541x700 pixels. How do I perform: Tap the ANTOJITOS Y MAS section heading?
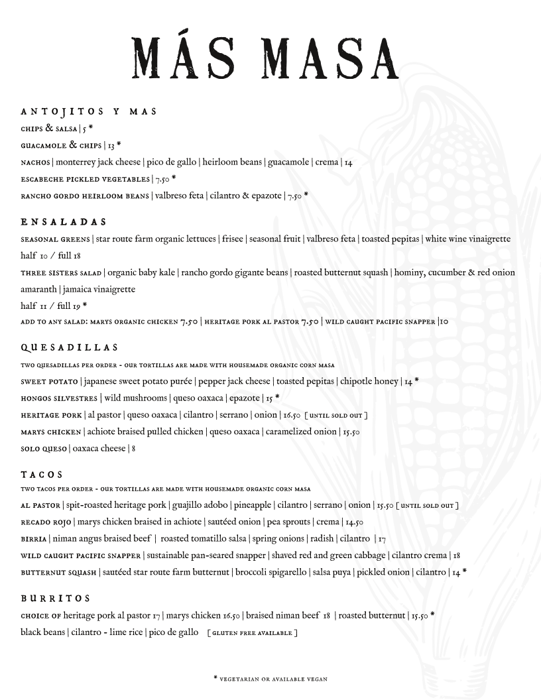click(x=89, y=111)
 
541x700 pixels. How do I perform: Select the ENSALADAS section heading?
click(x=64, y=221)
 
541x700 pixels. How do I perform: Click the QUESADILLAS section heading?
click(x=69, y=347)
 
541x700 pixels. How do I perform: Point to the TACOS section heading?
click(x=42, y=475)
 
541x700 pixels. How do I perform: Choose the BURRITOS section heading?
click(x=55, y=599)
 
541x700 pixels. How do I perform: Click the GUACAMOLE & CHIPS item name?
click(x=61, y=145)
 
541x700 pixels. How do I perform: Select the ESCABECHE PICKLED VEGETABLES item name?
click(x=86, y=179)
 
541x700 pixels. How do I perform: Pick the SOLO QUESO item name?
click(x=44, y=449)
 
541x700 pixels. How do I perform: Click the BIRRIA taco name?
click(x=33, y=539)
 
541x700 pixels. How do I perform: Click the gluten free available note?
click(x=252, y=633)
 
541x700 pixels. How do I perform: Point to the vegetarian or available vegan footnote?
click(x=270, y=679)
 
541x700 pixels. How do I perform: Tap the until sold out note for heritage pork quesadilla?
click(x=336, y=416)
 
